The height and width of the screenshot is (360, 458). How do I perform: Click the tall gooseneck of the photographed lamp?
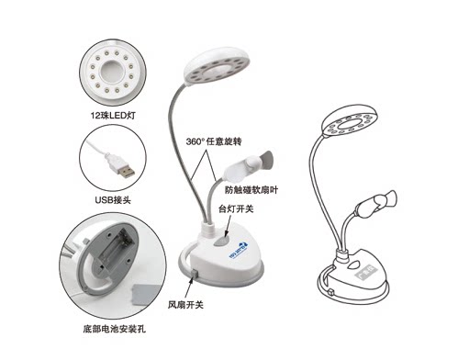179,147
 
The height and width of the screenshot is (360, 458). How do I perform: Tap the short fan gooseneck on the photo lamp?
207,197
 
